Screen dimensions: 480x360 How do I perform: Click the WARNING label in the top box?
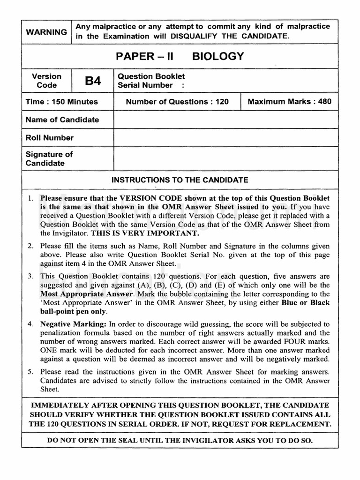(46, 32)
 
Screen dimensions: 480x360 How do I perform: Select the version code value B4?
(93, 81)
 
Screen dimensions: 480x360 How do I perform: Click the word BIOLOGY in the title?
(218, 57)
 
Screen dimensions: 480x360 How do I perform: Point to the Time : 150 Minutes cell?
(61, 102)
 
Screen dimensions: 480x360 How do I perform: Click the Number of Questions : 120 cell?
(177, 102)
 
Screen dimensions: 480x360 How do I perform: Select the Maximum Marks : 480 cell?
(289, 102)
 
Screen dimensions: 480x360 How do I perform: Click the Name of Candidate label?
(62, 120)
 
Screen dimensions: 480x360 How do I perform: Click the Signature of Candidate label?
(49, 159)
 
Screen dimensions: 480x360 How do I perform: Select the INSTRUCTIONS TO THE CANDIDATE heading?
(180, 180)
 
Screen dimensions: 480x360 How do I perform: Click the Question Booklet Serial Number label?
(151, 81)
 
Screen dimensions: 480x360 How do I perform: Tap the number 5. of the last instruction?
(30, 372)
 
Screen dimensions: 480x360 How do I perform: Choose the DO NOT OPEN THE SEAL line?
(180, 441)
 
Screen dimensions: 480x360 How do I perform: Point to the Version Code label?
(46, 81)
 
